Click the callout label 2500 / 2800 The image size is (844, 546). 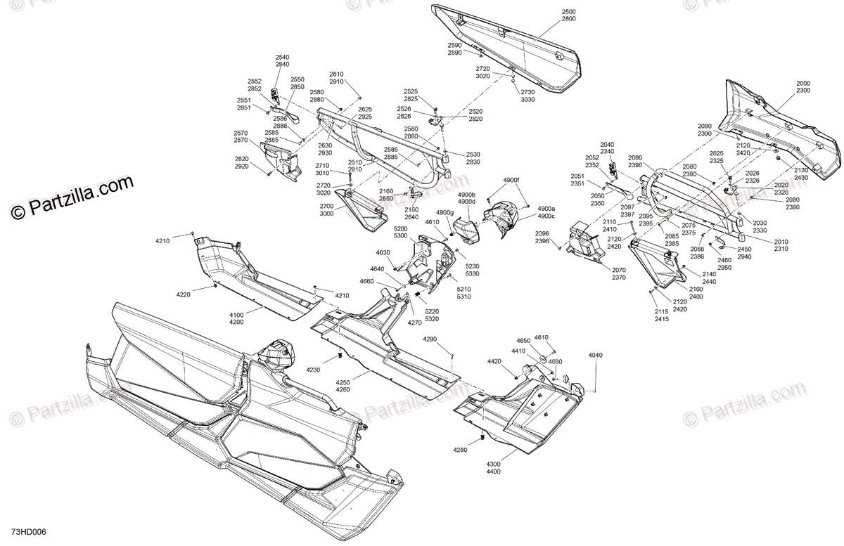tap(568, 15)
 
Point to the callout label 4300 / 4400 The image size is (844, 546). tap(493, 468)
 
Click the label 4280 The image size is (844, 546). tap(460, 450)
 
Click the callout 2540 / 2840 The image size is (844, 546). tap(282, 60)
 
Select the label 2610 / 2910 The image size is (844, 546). tap(336, 78)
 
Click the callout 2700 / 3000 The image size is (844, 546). tap(326, 210)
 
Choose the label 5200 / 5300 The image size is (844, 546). tap(400, 232)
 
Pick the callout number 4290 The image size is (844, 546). tap(430, 339)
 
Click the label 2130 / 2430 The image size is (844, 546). tap(801, 174)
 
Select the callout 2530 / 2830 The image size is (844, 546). tap(473, 158)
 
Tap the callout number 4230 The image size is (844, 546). tap(313, 370)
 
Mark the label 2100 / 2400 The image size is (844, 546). tap(677, 292)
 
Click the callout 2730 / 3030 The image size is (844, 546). tap(527, 96)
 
